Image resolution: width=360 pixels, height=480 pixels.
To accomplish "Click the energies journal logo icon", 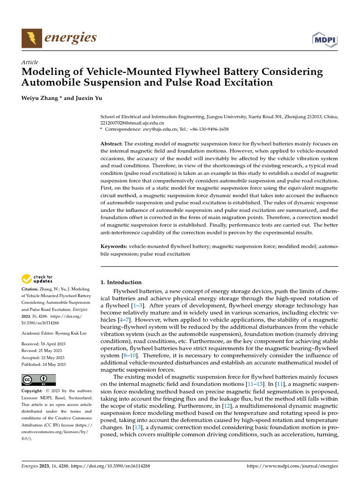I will pyautogui.click(x=32, y=38).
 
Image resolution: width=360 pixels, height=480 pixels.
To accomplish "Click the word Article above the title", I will pyautogui.click(x=30, y=62).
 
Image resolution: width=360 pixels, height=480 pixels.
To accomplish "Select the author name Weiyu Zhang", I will pyautogui.click(x=40, y=99).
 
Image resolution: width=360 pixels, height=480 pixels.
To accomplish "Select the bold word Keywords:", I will pyautogui.click(x=114, y=246).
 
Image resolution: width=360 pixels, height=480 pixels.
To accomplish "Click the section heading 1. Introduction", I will pyautogui.click(x=121, y=282).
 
